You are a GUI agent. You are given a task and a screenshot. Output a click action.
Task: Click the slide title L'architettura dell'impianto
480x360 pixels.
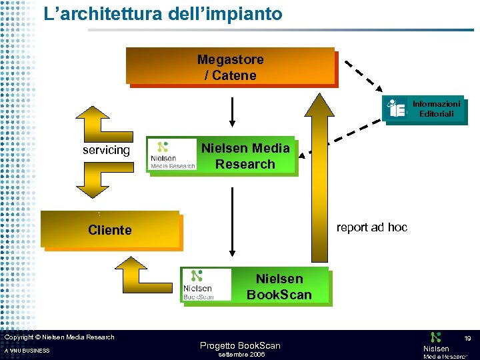tap(163, 13)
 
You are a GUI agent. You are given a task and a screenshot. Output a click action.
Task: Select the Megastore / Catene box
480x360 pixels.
tap(230, 67)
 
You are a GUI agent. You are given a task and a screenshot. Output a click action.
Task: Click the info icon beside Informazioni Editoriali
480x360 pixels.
tap(397, 108)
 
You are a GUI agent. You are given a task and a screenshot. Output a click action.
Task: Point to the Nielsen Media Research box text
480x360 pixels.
tap(246, 156)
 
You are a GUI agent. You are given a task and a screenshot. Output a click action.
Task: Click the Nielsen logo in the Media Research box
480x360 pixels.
tap(173, 155)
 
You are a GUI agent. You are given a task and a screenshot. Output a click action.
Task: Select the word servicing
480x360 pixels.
tap(106, 150)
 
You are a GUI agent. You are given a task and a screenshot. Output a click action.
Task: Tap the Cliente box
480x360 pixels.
tap(110, 230)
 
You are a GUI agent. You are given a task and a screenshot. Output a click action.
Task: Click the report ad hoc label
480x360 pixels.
tap(371, 227)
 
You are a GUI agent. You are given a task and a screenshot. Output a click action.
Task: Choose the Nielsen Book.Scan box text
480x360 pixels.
tap(279, 287)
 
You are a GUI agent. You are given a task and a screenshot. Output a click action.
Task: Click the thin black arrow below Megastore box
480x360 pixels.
tap(231, 111)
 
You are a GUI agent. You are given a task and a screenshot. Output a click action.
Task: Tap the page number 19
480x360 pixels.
tap(467, 339)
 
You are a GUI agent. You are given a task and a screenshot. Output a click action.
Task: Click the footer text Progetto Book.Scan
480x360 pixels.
tap(241, 345)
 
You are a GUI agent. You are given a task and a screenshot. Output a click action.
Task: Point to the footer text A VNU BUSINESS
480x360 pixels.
tap(27, 351)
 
